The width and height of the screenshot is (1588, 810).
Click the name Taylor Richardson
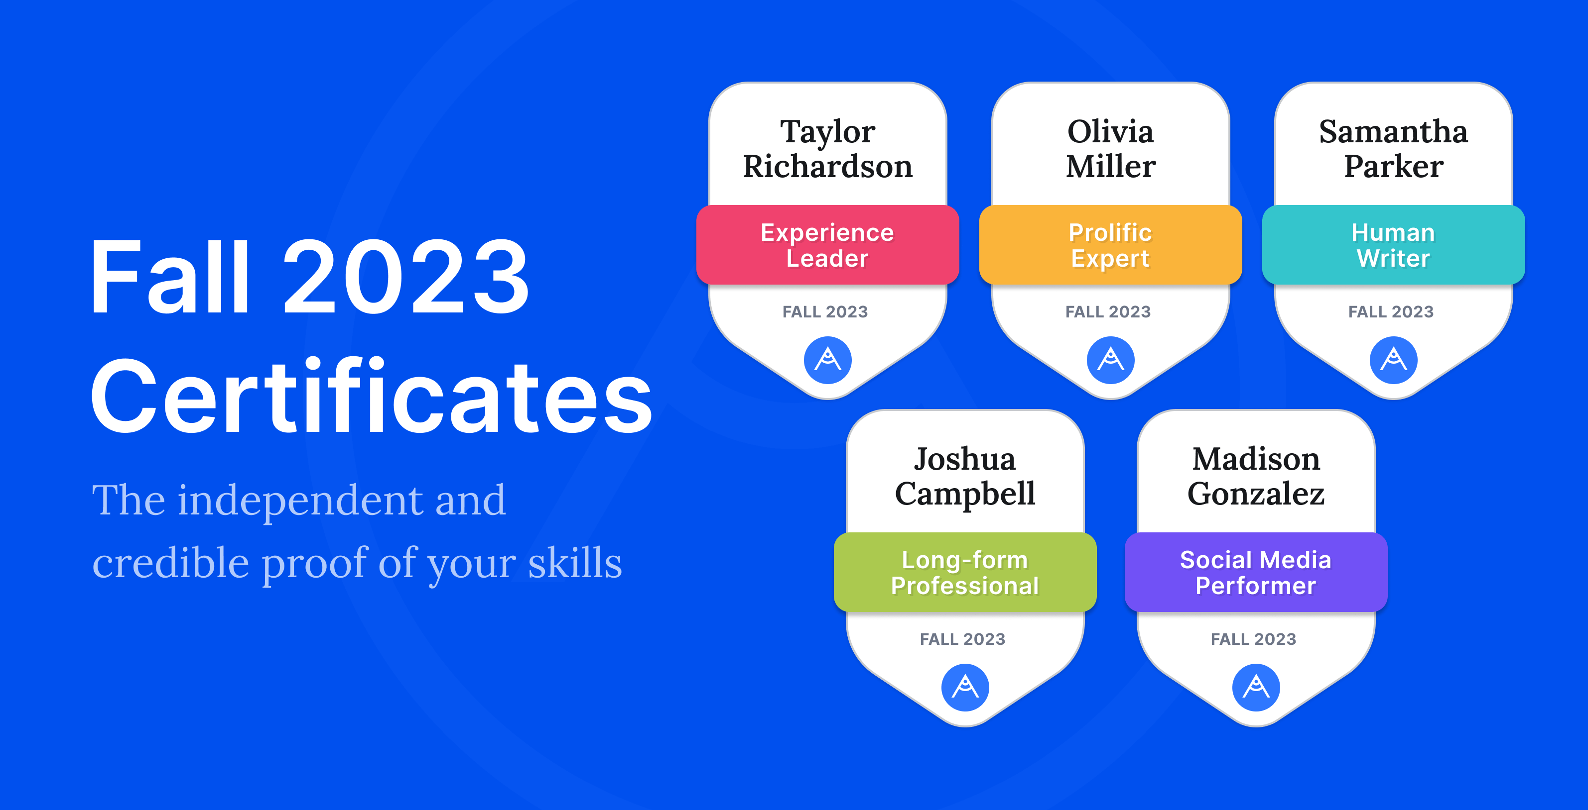[x=827, y=149]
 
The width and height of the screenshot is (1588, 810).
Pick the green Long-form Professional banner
[x=965, y=572]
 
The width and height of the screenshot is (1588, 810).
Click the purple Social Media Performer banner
[x=1256, y=572]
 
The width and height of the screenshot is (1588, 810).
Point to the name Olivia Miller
[x=1110, y=149]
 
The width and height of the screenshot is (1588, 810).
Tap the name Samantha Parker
[x=1393, y=149]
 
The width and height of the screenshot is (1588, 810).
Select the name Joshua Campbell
[x=965, y=477]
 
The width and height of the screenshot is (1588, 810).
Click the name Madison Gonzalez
[x=1256, y=477]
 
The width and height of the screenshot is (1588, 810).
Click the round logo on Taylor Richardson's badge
[x=827, y=360]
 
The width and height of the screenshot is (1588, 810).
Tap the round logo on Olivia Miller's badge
[x=1110, y=360]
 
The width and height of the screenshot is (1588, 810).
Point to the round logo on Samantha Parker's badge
[x=1393, y=360]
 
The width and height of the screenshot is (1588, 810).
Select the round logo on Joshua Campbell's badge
[x=965, y=688]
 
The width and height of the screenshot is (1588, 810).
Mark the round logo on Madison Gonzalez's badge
[x=1256, y=688]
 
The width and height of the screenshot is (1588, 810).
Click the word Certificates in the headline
[x=372, y=396]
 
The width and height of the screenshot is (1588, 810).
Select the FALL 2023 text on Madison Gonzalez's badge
[x=1253, y=639]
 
